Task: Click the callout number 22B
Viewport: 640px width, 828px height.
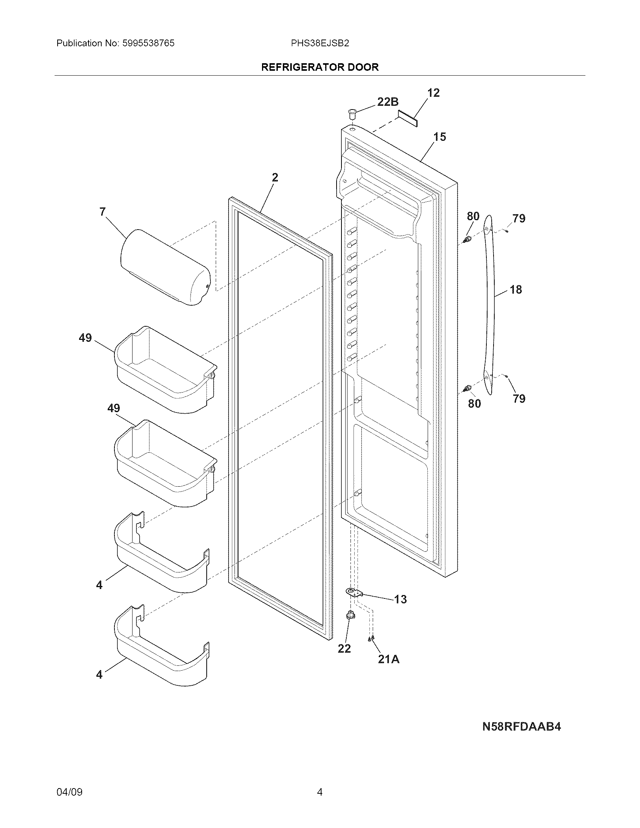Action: [x=387, y=102]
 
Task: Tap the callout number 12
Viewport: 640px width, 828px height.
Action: [x=433, y=93]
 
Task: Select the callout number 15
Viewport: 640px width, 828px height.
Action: [x=440, y=137]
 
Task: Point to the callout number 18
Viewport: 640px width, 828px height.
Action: [x=516, y=290]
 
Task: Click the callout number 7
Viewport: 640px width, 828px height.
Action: [x=102, y=212]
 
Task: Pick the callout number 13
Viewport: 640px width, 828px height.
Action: [x=401, y=599]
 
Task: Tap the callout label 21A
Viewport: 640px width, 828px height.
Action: [x=389, y=659]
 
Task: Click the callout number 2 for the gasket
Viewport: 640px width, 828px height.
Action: [x=275, y=177]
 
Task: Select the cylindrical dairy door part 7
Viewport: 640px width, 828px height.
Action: [x=165, y=267]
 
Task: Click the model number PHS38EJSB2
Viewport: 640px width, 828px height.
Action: [x=320, y=43]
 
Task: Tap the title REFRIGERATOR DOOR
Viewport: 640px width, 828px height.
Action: [x=320, y=67]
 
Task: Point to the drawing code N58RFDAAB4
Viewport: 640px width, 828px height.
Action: [x=521, y=726]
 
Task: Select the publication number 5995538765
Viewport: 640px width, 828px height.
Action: [x=148, y=43]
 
